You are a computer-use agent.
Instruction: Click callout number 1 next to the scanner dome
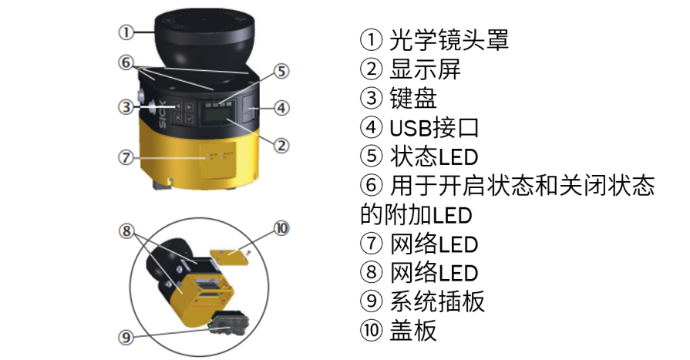coord(126,32)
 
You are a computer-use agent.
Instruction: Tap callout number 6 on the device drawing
coord(126,62)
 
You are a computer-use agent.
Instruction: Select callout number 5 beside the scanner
coord(281,72)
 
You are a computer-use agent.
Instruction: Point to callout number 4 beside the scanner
coord(281,108)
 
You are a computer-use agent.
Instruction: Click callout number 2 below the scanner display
coord(281,145)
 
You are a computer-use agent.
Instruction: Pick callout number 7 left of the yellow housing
coord(126,157)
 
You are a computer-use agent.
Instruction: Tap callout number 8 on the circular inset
coord(126,230)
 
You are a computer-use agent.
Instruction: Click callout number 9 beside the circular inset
coord(126,338)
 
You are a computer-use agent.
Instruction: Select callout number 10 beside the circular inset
coord(281,228)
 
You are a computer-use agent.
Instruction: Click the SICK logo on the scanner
coord(162,114)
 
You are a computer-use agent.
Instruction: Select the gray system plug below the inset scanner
coord(228,324)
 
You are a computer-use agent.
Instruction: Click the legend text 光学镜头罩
coord(449,40)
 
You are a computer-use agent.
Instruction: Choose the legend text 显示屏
coord(425,69)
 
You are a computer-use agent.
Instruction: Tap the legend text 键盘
coord(413,98)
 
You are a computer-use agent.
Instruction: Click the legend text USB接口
coord(434,128)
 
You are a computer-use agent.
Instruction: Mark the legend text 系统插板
coord(437,301)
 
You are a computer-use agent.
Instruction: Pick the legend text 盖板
coord(413,330)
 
